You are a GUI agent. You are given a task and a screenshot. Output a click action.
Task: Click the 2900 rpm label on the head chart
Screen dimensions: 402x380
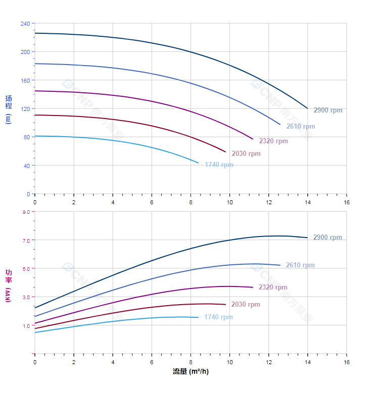(327, 110)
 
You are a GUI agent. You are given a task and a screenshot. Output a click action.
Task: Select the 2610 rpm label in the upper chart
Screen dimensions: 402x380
(300, 127)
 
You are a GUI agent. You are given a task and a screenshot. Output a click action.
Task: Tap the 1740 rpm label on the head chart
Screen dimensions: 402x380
(219, 165)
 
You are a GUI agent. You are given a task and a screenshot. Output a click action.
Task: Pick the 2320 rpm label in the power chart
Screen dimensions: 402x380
(272, 288)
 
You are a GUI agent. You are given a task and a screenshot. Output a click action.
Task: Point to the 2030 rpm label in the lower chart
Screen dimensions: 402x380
(245, 305)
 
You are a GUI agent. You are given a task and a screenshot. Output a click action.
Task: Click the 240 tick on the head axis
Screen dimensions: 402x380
(25, 24)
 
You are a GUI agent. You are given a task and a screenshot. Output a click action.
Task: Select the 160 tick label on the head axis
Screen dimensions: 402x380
(25, 80)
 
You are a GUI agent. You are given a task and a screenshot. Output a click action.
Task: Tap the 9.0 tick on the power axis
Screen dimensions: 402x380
(26, 212)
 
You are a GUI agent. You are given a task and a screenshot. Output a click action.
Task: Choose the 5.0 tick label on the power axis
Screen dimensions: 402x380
(26, 268)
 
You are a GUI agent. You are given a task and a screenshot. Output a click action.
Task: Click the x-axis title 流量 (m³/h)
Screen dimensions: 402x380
(191, 372)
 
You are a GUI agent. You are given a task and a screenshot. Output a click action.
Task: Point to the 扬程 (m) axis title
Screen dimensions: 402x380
(8, 109)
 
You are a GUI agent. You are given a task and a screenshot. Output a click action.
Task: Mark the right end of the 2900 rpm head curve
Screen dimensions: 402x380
(307, 108)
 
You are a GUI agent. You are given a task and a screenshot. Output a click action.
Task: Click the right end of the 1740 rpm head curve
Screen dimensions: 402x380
(198, 162)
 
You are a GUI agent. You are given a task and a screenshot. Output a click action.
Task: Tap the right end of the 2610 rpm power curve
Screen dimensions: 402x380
(280, 265)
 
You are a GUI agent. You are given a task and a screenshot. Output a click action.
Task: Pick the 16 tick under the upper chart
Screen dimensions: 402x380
(347, 202)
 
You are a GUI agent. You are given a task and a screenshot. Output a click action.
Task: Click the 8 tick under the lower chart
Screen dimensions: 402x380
(191, 362)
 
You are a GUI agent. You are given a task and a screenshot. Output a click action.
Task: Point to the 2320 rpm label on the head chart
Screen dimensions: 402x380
(273, 141)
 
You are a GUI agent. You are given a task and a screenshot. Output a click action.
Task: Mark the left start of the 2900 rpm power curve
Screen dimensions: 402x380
(35, 308)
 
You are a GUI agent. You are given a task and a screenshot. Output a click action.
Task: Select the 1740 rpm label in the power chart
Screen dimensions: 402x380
(218, 317)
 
